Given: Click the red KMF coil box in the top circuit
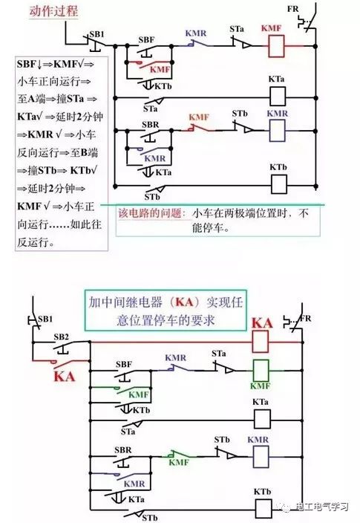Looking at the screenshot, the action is [x=276, y=46].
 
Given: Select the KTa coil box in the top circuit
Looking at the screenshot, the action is [x=278, y=97].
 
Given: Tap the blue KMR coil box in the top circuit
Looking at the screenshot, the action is [x=277, y=130].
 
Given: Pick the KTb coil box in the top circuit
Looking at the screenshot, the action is [x=278, y=184].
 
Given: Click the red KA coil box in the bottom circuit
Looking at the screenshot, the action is [x=260, y=342].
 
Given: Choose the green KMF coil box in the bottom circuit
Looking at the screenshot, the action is [x=261, y=370].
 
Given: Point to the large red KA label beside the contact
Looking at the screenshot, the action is [x=65, y=377].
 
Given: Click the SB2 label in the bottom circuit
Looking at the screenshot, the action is [x=62, y=337].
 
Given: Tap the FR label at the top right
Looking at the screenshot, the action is [x=293, y=9].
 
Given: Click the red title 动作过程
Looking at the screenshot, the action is [x=53, y=11].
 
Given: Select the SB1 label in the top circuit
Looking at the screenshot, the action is [x=96, y=34].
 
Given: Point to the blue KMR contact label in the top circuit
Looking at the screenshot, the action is [x=196, y=33].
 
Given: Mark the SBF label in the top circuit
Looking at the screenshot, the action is [x=147, y=40].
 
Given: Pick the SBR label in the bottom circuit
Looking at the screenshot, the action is [x=123, y=450].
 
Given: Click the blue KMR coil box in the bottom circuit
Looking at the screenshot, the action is [x=261, y=457].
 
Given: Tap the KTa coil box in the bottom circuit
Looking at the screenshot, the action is [x=262, y=419].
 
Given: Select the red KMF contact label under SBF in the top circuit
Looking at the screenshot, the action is [x=160, y=70].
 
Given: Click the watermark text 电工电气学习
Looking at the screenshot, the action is [x=322, y=507].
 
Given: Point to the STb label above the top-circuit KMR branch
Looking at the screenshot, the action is [x=240, y=114].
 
